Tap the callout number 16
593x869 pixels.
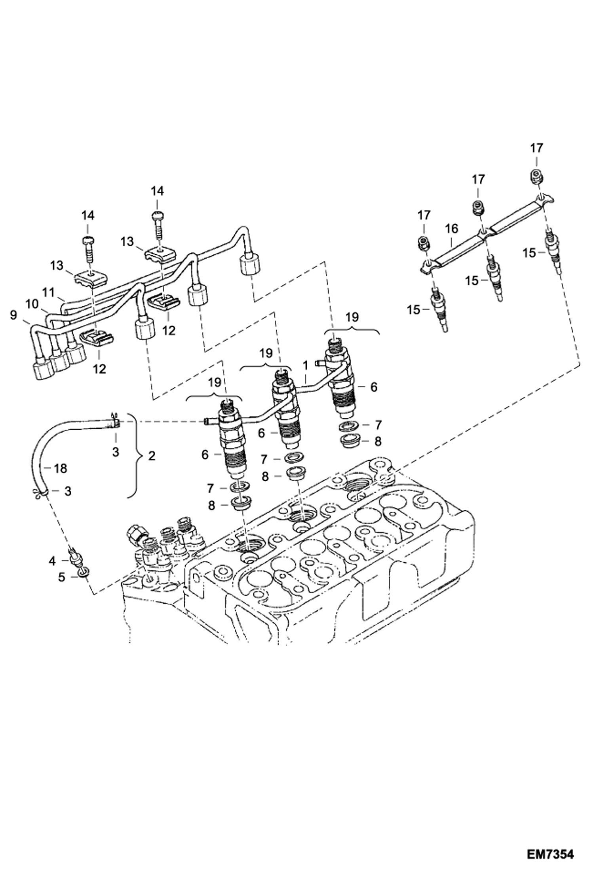click(451, 229)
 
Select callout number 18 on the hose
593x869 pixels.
click(61, 469)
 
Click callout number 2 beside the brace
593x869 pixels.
click(151, 456)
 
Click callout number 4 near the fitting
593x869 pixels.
click(53, 560)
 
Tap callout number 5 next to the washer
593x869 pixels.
click(61, 577)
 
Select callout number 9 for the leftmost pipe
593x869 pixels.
click(14, 316)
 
